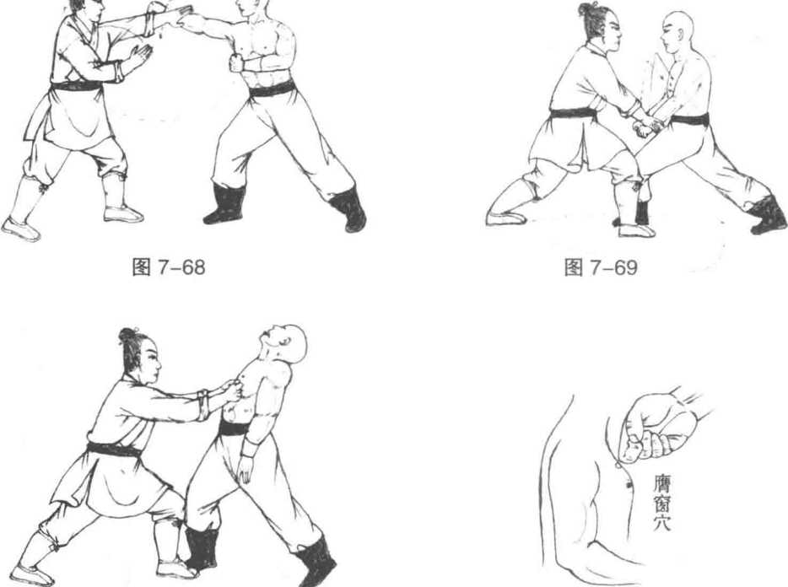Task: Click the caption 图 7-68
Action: [x=169, y=267]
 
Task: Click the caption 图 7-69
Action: [x=601, y=267]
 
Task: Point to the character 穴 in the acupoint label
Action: [x=661, y=522]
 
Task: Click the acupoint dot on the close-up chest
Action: [x=629, y=485]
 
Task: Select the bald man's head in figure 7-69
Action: [x=678, y=31]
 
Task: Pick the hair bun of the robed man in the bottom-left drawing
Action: [x=127, y=335]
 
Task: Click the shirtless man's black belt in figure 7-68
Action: [x=272, y=89]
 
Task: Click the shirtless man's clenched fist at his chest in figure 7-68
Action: [x=237, y=63]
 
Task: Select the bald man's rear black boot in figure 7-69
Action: [x=769, y=214]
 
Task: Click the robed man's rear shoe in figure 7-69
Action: [x=505, y=217]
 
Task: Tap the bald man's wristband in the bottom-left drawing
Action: [x=248, y=448]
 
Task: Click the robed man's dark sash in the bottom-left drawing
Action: [x=114, y=450]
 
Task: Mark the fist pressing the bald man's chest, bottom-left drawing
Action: [x=232, y=390]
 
